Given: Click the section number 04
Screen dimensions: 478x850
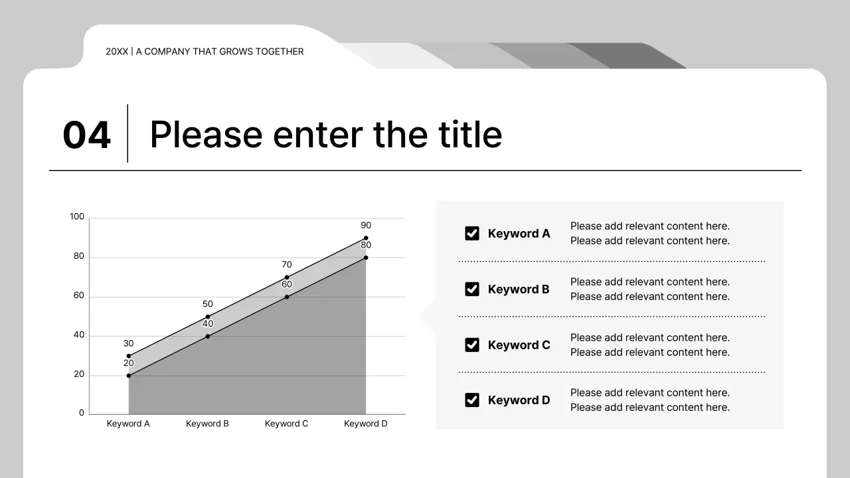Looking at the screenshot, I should click(x=86, y=135).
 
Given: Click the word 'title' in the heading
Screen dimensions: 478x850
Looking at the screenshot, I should click(x=470, y=134).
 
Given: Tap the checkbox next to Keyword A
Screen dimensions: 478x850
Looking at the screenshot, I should click(x=472, y=233).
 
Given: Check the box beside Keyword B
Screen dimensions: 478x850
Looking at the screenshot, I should click(x=472, y=289).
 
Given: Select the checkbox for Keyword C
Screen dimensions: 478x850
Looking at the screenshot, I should click(x=472, y=345).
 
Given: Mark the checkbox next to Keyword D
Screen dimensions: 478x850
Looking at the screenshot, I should click(x=472, y=400).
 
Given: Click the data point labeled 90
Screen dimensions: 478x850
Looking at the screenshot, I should click(x=366, y=238).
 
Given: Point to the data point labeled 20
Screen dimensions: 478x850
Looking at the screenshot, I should click(x=129, y=376).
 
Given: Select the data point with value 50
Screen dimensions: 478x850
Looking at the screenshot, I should click(x=208, y=317).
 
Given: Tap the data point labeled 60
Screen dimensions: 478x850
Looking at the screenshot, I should click(x=287, y=297).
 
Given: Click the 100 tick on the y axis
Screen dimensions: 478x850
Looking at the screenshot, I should click(x=77, y=217).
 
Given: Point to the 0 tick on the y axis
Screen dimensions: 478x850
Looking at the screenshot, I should click(x=82, y=413).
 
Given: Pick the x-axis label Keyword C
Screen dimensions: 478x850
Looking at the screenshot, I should click(x=286, y=424).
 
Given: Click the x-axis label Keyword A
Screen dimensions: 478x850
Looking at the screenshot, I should click(x=128, y=424).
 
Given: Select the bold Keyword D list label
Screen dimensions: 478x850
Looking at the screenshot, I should click(x=519, y=400).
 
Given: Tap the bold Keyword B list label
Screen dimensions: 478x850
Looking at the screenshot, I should click(x=519, y=289).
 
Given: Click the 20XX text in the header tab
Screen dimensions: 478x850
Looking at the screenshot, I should click(x=117, y=52).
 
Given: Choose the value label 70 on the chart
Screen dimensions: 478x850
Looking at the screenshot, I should click(x=287, y=265).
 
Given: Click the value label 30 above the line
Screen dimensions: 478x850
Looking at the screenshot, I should click(x=129, y=344).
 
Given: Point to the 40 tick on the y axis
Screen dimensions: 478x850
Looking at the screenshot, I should click(x=79, y=335).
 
